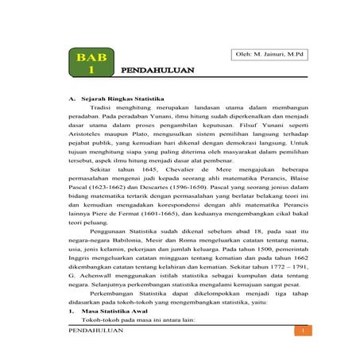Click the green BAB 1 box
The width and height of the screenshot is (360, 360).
pyautogui.click(x=92, y=64)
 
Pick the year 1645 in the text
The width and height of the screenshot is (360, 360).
pyautogui.click(x=143, y=171)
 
